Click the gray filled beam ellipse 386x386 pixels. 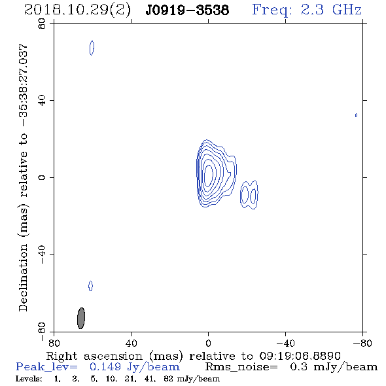[81, 318]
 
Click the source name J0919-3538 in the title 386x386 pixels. [187, 10]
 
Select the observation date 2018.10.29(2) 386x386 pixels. [77, 10]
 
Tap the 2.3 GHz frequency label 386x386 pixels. [331, 10]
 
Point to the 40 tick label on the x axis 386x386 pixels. [131, 343]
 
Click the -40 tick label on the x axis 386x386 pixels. [285, 343]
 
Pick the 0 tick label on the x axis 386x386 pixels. [208, 343]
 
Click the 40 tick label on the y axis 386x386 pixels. [42, 101]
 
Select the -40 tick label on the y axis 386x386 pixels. [42, 254]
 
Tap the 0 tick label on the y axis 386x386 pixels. [42, 177]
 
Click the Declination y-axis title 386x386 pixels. [23, 178]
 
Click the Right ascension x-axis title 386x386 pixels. [193, 356]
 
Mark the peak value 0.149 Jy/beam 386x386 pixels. [134, 367]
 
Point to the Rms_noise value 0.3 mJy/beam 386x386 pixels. [334, 367]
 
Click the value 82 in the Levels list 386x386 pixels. [168, 379]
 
